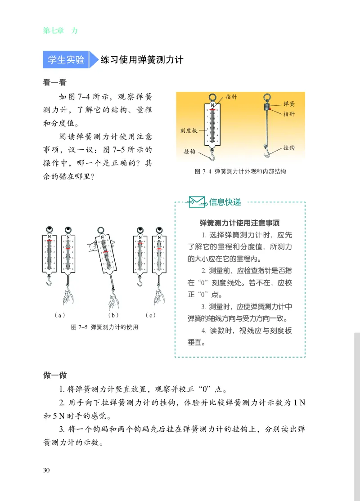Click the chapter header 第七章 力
[60, 31]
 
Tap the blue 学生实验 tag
[66, 59]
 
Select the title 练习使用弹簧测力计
[141, 59]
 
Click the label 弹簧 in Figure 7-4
[288, 104]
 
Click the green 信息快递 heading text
[225, 202]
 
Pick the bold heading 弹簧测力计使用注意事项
[240, 223]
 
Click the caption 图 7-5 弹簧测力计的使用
[104, 327]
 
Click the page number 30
[46, 470]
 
